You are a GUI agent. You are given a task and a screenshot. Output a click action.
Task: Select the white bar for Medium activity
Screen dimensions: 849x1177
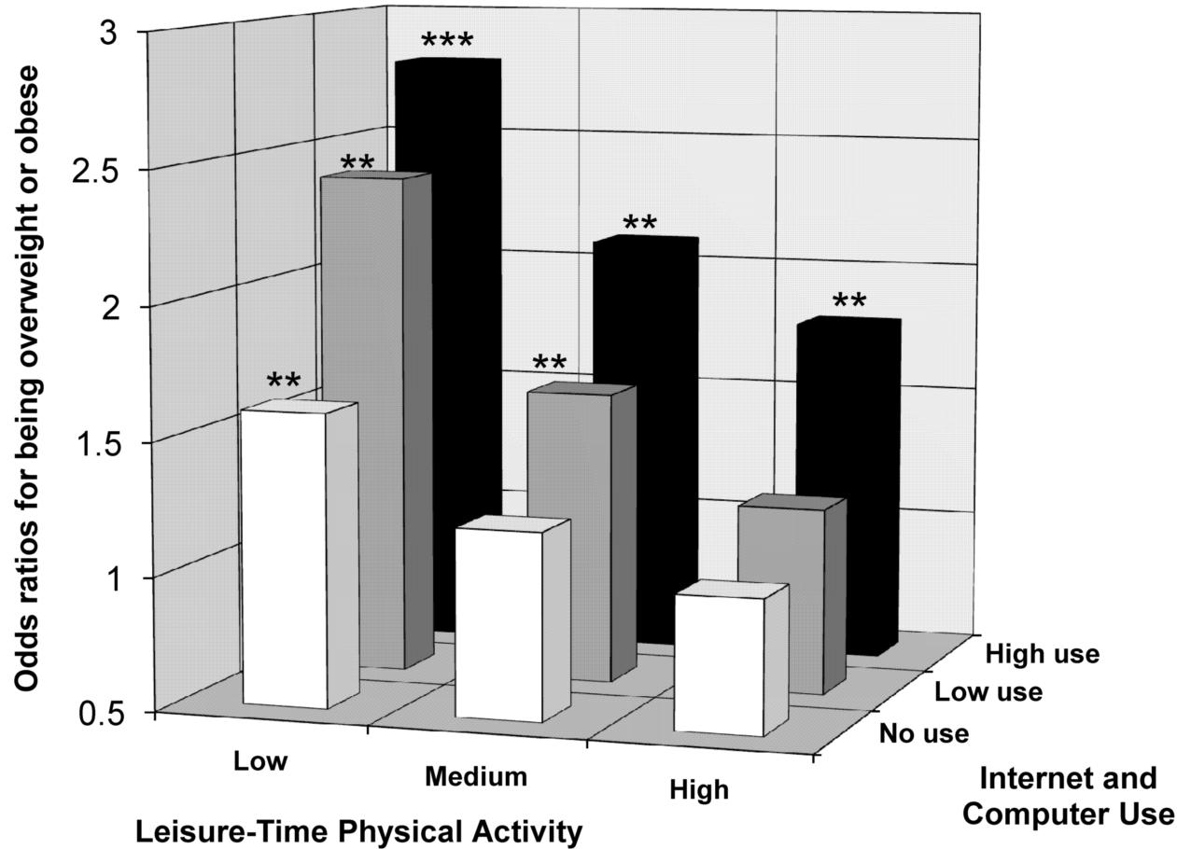point(498,625)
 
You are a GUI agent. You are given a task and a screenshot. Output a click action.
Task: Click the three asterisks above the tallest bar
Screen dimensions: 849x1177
point(447,43)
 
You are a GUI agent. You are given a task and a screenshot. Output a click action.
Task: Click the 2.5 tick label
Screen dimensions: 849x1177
point(106,170)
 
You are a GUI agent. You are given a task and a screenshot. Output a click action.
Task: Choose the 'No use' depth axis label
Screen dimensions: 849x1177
point(924,734)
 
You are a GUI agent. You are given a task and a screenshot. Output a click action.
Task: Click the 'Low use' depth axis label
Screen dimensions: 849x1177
point(988,692)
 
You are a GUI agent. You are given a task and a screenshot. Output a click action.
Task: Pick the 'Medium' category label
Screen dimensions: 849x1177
point(475,776)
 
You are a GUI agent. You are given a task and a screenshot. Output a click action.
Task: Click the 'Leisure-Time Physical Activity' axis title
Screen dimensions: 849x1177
point(358,831)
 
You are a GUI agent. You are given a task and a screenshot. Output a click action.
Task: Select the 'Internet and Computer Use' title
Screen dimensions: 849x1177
point(1068,796)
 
